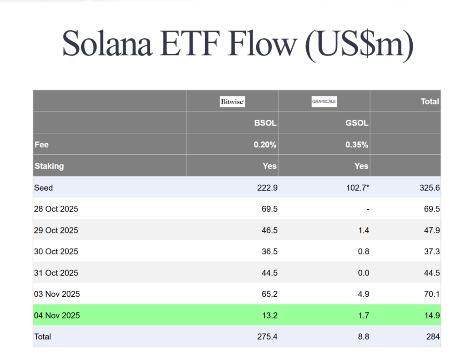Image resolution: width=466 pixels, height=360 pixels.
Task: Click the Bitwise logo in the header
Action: click(x=232, y=101)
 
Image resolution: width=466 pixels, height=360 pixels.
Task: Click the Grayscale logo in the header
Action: click(x=324, y=101)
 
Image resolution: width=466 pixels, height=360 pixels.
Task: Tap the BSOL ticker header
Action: click(x=265, y=123)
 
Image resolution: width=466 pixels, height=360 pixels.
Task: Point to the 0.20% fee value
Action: click(x=265, y=145)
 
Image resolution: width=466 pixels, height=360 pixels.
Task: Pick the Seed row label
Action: click(x=43, y=188)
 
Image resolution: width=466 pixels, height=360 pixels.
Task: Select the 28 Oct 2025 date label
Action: click(x=56, y=209)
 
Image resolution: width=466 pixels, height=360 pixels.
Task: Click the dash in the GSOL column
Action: click(x=367, y=209)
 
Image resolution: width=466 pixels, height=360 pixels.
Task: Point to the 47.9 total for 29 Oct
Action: click(x=431, y=230)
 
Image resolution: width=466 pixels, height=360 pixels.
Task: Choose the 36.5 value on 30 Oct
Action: click(x=269, y=252)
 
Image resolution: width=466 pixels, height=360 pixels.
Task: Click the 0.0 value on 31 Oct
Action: click(x=363, y=273)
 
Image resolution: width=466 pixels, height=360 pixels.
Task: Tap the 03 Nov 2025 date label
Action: click(x=57, y=294)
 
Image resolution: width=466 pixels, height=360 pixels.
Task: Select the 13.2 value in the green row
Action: click(x=269, y=315)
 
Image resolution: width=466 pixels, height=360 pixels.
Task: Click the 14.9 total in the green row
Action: click(x=431, y=315)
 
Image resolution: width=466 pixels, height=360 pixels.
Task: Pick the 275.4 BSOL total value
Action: click(x=267, y=337)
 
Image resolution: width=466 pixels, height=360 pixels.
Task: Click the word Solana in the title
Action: click(x=109, y=44)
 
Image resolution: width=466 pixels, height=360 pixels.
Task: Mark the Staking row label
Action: click(x=49, y=166)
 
